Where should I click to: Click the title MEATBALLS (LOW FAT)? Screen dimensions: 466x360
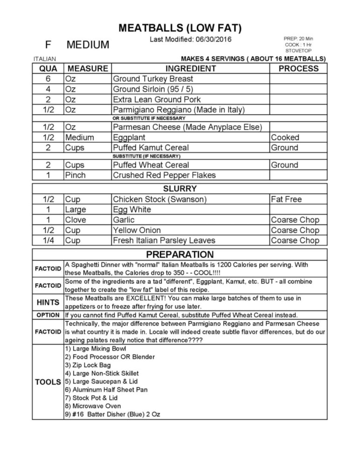pos(180,28)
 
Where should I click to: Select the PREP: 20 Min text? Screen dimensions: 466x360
pos(298,39)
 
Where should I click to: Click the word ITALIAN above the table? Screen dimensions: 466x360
pos(44,59)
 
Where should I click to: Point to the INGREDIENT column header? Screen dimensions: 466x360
pos(190,68)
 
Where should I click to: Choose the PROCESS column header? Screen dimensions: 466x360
pos(298,68)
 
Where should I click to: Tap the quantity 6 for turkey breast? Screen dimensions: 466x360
pos(48,79)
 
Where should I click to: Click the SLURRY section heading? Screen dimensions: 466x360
pos(180,189)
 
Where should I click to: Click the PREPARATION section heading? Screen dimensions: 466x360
pos(180,254)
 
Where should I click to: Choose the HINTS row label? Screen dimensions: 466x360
pos(48,302)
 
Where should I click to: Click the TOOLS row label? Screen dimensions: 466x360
pos(48,382)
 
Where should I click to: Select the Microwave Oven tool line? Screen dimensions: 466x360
pos(93,406)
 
